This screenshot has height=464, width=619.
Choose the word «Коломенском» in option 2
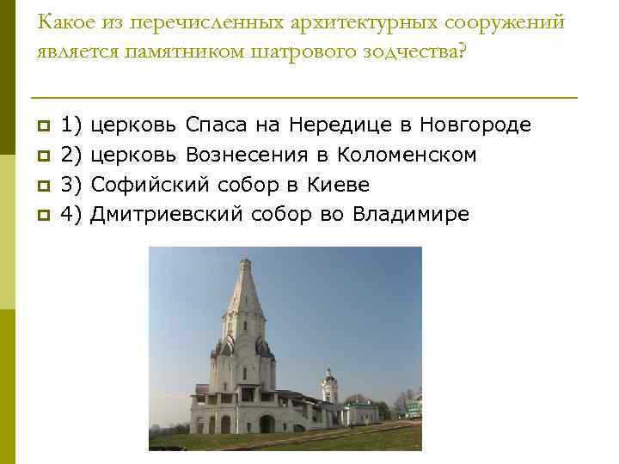coord(408,156)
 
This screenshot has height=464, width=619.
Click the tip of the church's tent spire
coord(243,255)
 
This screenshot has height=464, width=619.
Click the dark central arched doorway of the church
coord(267,424)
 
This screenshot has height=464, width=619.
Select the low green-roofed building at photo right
coord(362,412)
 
